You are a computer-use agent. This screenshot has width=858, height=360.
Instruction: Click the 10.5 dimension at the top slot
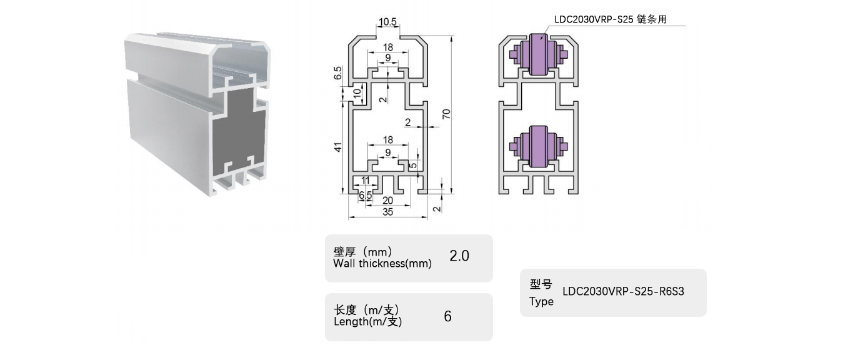(387, 22)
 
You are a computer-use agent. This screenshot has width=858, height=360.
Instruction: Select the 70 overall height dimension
(446, 113)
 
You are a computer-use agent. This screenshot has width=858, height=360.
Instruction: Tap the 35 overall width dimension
(387, 211)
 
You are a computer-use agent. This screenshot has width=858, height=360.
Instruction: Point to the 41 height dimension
(337, 147)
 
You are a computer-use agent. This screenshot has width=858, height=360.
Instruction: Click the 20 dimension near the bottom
(387, 200)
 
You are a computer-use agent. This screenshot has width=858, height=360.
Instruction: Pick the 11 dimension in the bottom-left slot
(366, 180)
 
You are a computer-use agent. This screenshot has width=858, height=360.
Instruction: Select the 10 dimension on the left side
(357, 93)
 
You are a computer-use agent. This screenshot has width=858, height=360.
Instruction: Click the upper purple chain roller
(537, 55)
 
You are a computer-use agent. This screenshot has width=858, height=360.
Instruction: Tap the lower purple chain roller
(537, 147)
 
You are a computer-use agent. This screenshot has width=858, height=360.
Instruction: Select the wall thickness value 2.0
(459, 256)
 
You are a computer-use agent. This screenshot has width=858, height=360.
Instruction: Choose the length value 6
(447, 316)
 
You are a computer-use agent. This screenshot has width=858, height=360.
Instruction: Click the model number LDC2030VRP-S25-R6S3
(624, 291)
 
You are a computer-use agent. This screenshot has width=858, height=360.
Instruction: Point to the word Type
(541, 302)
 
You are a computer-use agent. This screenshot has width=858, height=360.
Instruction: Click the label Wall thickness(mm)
(382, 264)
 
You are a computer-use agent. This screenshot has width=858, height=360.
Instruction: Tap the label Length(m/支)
(368, 322)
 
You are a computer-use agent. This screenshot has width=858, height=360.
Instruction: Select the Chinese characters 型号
(541, 285)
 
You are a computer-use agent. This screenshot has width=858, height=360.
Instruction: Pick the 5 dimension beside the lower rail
(412, 167)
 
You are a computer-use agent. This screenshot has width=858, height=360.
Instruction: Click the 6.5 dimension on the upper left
(338, 73)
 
